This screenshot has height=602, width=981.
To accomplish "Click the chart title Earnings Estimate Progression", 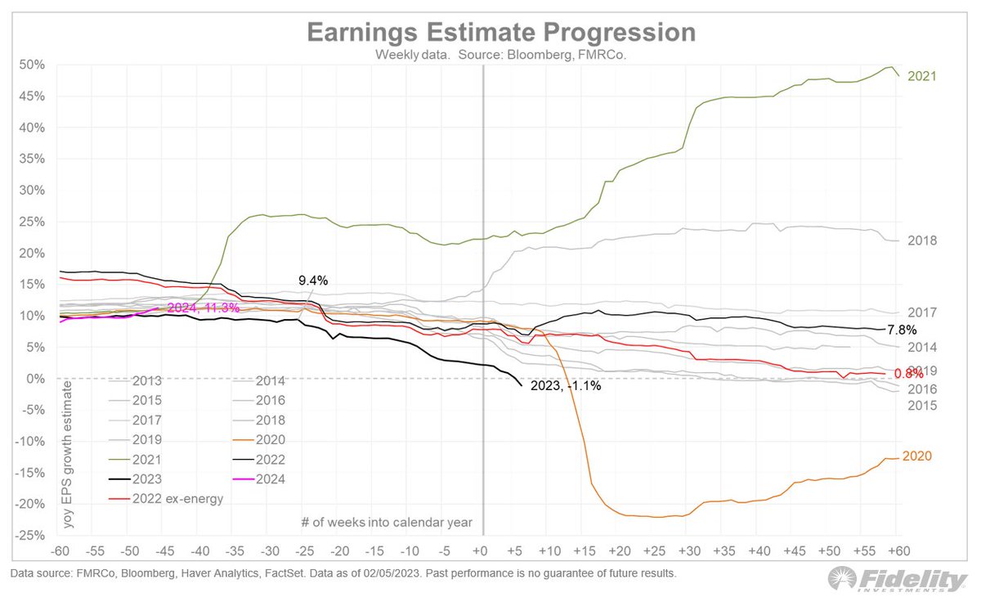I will tap(501, 33).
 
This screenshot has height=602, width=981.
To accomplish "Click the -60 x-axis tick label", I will tap(61, 550).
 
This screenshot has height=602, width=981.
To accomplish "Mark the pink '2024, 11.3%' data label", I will tap(203, 308).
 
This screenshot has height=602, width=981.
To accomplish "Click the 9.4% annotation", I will tap(312, 281).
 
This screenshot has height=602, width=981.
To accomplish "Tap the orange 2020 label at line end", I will tap(917, 456).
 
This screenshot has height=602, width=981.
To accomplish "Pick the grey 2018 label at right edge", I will tap(921, 240).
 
